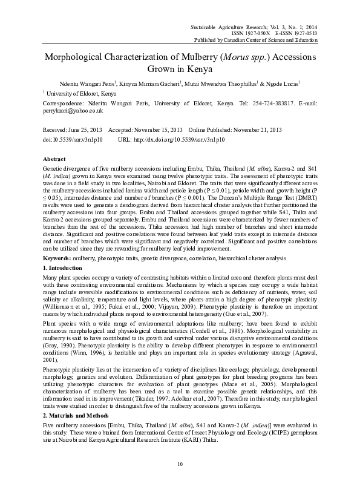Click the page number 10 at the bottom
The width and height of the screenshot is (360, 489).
180,464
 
